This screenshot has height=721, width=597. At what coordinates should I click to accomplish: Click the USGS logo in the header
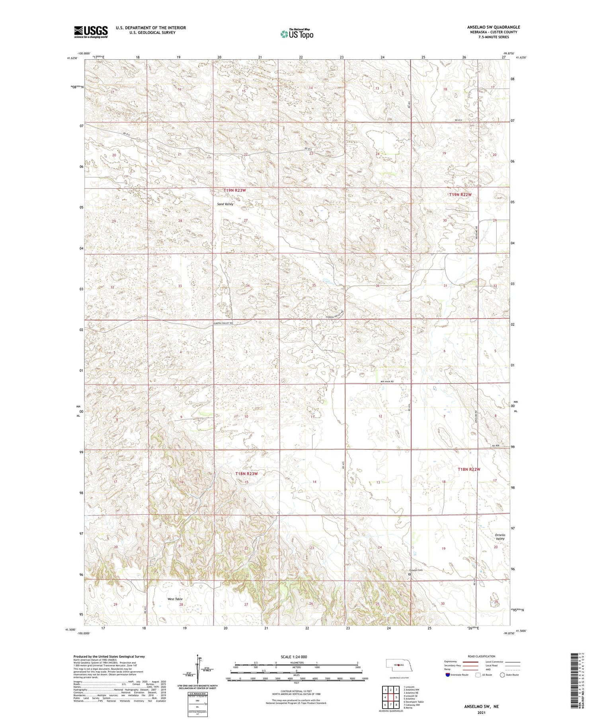point(91,31)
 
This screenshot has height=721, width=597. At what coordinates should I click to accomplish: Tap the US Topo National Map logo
point(297,34)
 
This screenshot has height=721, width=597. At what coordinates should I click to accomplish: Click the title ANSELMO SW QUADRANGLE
point(493,27)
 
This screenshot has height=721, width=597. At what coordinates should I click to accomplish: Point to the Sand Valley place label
point(225,204)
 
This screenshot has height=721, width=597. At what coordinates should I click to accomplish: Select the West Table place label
point(175,599)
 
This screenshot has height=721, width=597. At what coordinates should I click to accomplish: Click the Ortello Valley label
point(500,537)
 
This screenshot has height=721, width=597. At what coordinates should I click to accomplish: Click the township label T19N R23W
point(234,190)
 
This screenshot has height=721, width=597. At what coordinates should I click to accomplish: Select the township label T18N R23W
point(246,474)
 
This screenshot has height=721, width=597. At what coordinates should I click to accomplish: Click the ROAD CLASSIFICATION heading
point(482,656)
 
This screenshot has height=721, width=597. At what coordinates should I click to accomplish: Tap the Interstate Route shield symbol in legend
point(448,675)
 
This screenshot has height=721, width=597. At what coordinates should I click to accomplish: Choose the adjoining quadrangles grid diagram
point(390,697)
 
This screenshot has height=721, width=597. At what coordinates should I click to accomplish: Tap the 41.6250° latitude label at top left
point(72,58)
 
